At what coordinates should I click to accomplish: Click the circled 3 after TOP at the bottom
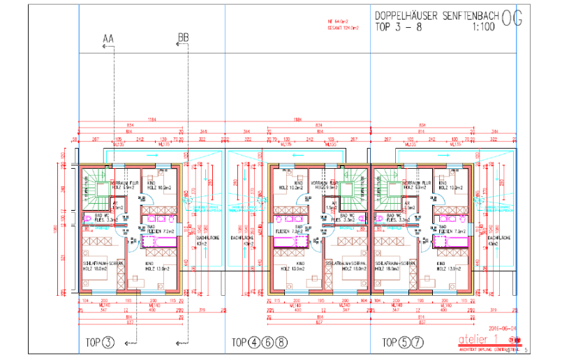108,342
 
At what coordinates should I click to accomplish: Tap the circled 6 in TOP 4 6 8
271,342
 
